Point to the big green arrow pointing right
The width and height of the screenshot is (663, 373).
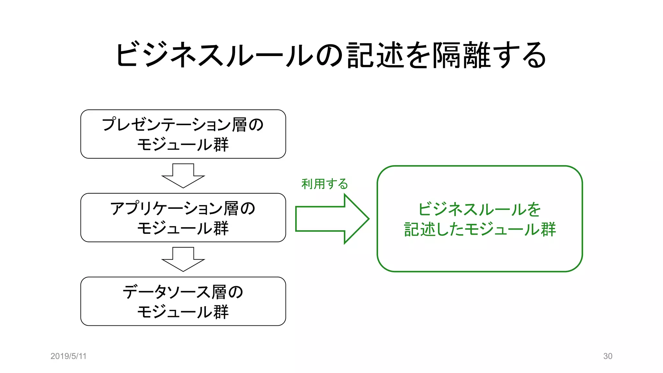coord(331,219)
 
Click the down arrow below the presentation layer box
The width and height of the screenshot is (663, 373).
coord(183,176)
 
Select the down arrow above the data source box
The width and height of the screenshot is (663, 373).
coord(183,259)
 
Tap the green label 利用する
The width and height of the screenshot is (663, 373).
coord(324,184)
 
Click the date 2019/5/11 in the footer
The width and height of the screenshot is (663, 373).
coord(68,356)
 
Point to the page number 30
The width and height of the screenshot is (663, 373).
coord(608,356)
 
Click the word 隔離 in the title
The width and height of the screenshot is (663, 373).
coord(463,55)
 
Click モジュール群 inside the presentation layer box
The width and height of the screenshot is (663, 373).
coord(183,144)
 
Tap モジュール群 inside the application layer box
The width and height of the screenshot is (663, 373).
coord(183,228)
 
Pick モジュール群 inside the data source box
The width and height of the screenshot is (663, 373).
coord(183,311)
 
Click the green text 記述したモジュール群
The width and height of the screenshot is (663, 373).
coord(480,229)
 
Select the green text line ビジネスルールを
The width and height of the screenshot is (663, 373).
coord(480,209)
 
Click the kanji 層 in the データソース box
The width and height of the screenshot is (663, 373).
coord(219,292)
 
